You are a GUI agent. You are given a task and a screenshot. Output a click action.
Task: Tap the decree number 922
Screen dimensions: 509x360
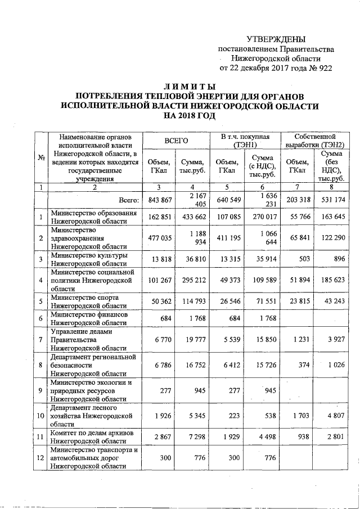click(325, 68)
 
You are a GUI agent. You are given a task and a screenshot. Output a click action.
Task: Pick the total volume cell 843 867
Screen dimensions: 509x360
click(159, 200)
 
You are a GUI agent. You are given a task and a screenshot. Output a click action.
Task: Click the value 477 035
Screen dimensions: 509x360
click(159, 238)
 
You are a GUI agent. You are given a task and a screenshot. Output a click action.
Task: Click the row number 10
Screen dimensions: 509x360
click(40, 416)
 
